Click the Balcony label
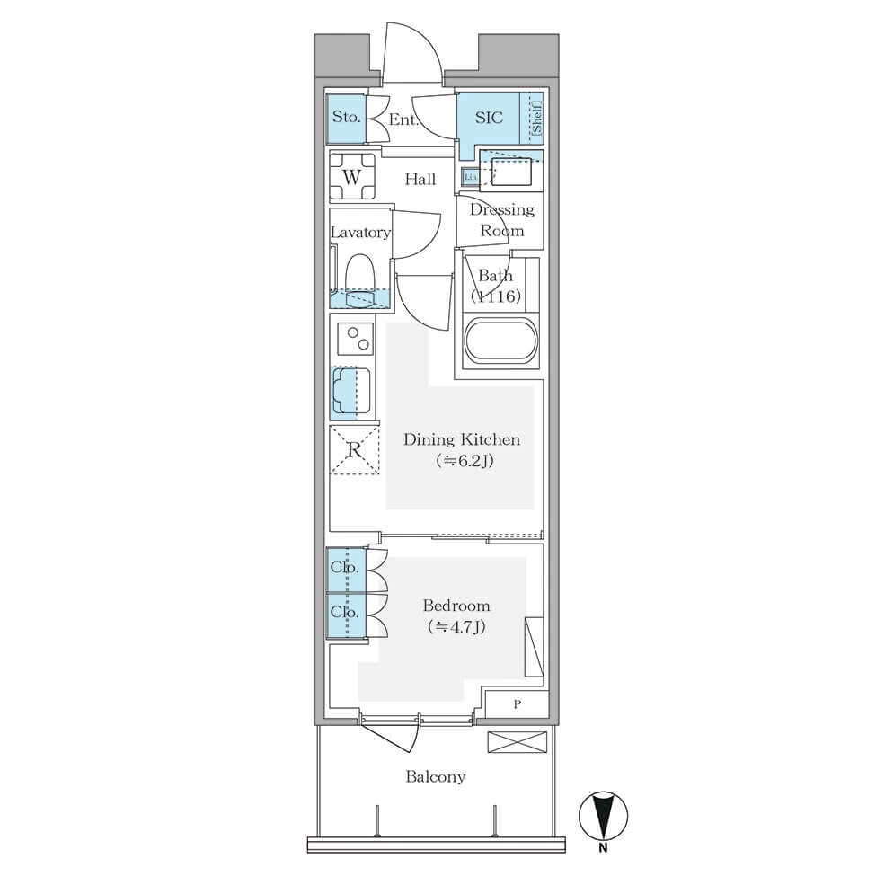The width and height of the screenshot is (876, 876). pyautogui.click(x=435, y=776)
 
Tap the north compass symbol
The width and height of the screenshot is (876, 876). pyautogui.click(x=604, y=817)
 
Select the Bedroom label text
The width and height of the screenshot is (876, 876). pyautogui.click(x=456, y=606)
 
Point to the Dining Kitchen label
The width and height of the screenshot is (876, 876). pyautogui.click(x=462, y=439)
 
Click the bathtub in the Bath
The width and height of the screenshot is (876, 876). pyautogui.click(x=500, y=342)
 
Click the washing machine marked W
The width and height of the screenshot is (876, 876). pyautogui.click(x=351, y=177)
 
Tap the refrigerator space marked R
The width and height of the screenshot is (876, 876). pyautogui.click(x=354, y=450)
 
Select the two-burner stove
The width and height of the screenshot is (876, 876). pyautogui.click(x=355, y=339)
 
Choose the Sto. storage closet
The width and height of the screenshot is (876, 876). pyautogui.click(x=347, y=118)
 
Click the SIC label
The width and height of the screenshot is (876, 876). pyautogui.click(x=489, y=118)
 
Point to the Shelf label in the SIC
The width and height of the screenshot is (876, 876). pyautogui.click(x=535, y=118)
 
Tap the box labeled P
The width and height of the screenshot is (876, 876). pyautogui.click(x=517, y=704)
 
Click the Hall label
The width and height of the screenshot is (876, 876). pyautogui.click(x=420, y=179)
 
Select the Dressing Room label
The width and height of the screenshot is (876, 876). pyautogui.click(x=501, y=220)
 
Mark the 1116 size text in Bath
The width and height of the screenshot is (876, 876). pyautogui.click(x=495, y=296)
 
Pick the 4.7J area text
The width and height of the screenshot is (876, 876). pyautogui.click(x=456, y=626)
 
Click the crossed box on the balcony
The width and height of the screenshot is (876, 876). pyautogui.click(x=518, y=742)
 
